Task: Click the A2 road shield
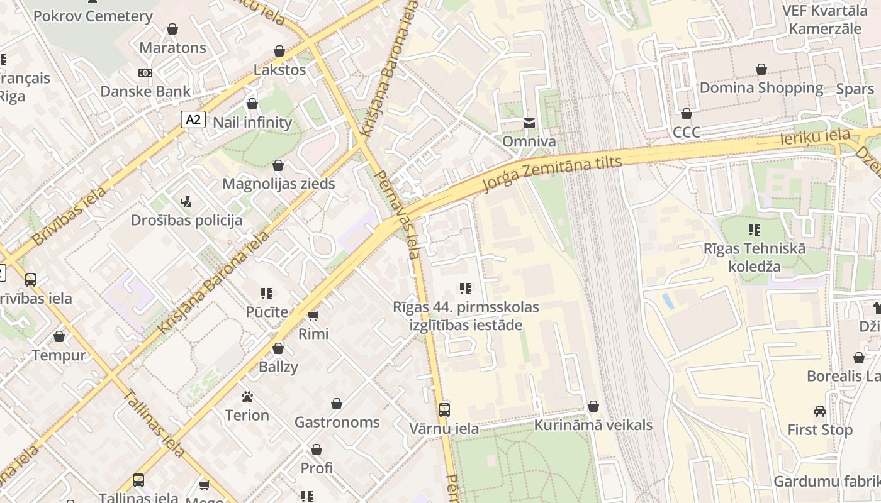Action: coord(193,119)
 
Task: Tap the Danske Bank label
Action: coord(145,91)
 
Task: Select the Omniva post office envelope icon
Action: coord(529,123)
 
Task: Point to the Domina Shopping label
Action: coord(761,88)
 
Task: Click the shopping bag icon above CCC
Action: coord(687,114)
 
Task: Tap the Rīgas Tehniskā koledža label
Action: coord(755,257)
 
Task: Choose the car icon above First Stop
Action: coord(820,411)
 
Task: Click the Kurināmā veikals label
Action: coord(593,425)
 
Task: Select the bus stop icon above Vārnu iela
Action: coord(444,410)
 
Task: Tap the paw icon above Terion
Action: coord(247,397)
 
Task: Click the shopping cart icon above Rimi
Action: coord(313,315)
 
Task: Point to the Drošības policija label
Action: coord(186,220)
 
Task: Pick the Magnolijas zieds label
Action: coord(278,184)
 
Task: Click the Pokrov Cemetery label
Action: coord(93,16)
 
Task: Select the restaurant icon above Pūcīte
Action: coord(267,293)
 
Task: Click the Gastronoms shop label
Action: coord(337,422)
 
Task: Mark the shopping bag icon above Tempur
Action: coord(59,337)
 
